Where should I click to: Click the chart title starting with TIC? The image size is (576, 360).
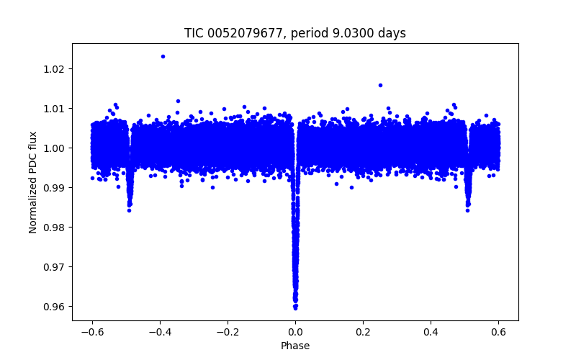[x=295, y=33]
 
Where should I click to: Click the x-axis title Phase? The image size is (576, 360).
[x=295, y=346]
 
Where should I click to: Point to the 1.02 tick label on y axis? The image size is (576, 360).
[x=53, y=69]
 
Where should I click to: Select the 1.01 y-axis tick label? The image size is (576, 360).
[x=53, y=109]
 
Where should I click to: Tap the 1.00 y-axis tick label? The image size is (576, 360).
[x=53, y=148]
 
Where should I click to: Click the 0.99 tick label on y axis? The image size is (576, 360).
[x=53, y=188]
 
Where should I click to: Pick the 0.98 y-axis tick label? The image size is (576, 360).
[x=53, y=228]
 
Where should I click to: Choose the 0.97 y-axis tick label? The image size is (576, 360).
[x=53, y=267]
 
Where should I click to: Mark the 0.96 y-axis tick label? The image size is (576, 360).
[x=53, y=307]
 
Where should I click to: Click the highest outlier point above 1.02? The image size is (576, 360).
[x=163, y=56]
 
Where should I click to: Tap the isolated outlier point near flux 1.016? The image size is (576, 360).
[x=380, y=85]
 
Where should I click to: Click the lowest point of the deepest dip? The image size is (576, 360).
[x=295, y=307]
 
